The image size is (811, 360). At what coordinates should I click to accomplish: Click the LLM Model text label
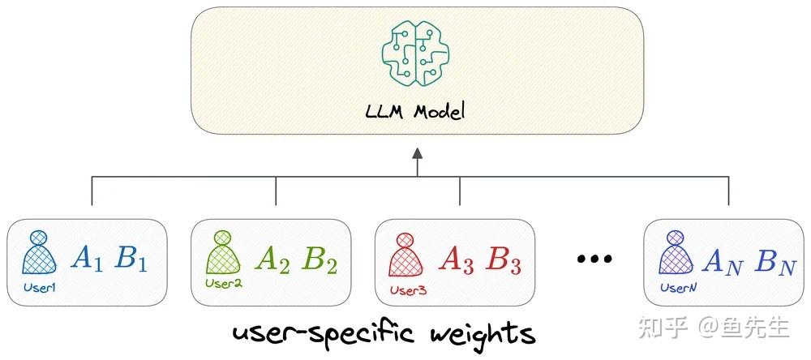[416, 111]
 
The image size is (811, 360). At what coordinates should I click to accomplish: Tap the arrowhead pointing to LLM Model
[417, 154]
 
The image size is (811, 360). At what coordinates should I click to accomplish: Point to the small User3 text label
[408, 290]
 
